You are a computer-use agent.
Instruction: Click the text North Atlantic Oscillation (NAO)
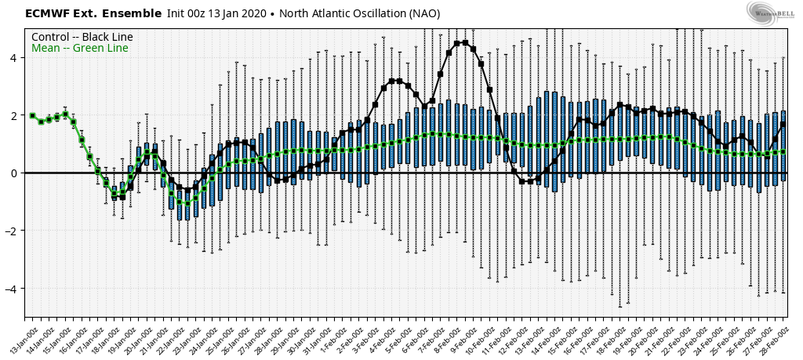tap(362, 13)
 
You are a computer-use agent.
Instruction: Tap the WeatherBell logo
tap(768, 13)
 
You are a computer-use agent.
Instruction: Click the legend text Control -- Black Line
tap(82, 37)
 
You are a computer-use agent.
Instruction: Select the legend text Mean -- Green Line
tap(79, 49)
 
